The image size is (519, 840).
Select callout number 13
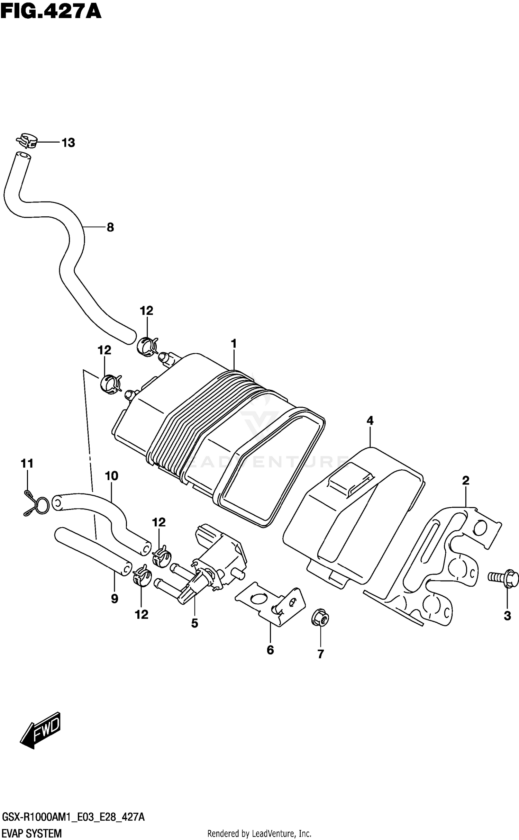(x=68, y=143)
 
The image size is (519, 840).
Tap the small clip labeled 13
(x=26, y=141)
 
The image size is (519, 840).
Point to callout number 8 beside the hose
(x=110, y=227)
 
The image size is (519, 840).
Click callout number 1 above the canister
(x=234, y=344)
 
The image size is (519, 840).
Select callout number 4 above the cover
(x=370, y=421)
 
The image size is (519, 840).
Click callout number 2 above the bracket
(x=465, y=480)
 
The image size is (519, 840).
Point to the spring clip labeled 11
(x=37, y=504)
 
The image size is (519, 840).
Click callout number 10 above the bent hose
(x=111, y=476)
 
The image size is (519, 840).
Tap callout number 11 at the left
(x=27, y=463)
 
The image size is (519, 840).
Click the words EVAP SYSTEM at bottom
(x=32, y=833)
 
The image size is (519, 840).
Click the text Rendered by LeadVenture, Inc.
(x=259, y=834)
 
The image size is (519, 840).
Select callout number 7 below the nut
(x=320, y=654)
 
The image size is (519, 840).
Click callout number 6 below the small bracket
(x=270, y=650)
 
